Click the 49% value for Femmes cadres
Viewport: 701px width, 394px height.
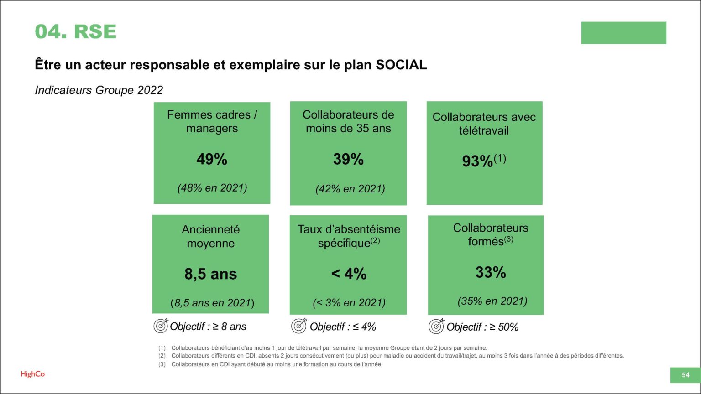212,159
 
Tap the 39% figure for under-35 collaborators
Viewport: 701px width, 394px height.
348,159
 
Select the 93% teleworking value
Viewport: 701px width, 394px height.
477,161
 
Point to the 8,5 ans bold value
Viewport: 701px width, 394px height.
211,274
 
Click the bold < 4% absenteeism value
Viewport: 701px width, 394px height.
349,274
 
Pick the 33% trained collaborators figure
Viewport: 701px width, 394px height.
491,272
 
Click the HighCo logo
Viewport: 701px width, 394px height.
33,374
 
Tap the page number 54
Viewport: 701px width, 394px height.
685,375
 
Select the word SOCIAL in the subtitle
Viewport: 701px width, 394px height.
401,65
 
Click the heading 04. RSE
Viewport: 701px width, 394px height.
76,31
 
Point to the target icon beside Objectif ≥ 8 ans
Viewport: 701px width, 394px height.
161,326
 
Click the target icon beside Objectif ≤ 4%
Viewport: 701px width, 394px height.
299,326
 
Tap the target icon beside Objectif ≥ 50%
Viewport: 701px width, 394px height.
436,326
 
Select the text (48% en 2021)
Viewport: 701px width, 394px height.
212,187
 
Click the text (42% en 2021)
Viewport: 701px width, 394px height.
350,188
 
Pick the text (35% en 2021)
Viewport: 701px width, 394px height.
492,301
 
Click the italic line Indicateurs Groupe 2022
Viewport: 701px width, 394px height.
99,90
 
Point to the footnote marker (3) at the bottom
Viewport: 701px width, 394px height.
162,364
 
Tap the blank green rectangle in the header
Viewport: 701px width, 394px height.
623,33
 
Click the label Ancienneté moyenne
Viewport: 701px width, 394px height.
211,236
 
